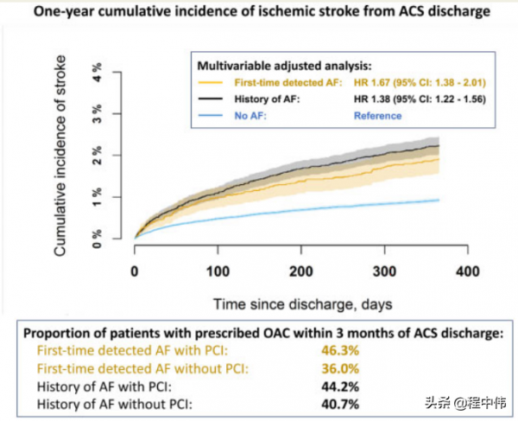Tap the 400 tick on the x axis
pos(467,271)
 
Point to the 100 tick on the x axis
pos(218,271)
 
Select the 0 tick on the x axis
pos(135,271)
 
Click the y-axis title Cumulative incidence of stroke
pos(63,156)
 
